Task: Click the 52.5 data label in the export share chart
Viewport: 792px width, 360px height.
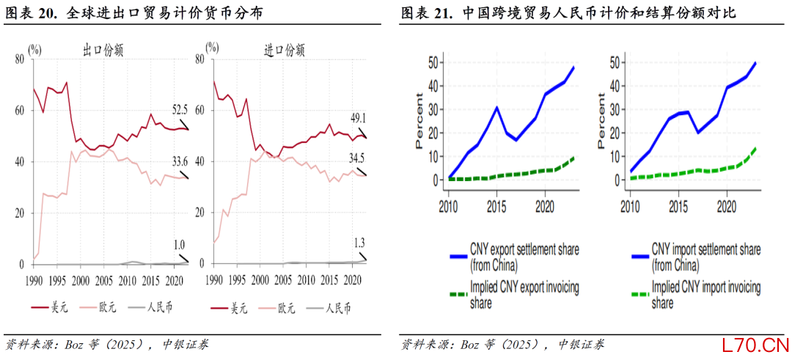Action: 180,110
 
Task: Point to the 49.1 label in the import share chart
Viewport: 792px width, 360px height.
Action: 358,117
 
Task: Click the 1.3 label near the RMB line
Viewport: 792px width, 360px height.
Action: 359,242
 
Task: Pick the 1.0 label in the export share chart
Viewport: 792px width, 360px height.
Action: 179,244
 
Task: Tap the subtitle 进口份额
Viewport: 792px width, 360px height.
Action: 284,51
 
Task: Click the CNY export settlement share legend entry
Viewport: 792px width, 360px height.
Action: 513,256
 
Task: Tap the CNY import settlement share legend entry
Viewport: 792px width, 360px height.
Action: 703,256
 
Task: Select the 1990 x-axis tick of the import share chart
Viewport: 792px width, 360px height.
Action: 214,280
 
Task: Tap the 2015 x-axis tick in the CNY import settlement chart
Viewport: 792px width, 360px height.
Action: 678,207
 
